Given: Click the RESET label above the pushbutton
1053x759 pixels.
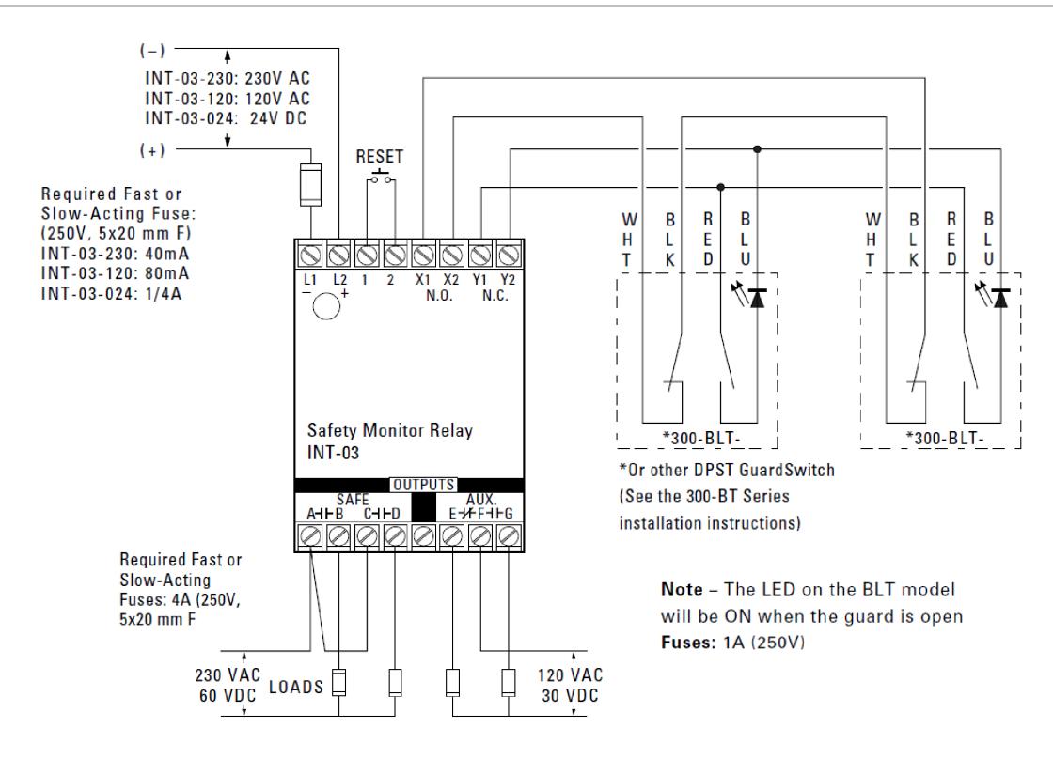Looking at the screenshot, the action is pos(380,156).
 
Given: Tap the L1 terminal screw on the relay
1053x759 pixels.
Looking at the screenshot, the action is pos(309,256).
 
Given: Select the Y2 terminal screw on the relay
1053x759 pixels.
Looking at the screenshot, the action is pos(509,256).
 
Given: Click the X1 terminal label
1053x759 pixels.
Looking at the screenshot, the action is pos(422,279).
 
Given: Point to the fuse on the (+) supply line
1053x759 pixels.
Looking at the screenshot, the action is pos(310,184).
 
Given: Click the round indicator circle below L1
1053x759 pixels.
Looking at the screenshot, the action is pos(326,306).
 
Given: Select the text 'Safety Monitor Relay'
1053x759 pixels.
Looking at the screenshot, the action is pos(389,430).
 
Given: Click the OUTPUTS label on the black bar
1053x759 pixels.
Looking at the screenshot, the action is pos(424,485).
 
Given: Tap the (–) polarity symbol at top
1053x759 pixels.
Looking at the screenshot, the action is pos(152,51).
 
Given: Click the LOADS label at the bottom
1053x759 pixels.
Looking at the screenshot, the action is pos(296,687).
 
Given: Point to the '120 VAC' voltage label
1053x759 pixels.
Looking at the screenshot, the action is pos(570,675).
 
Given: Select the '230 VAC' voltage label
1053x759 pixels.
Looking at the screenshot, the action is pos(228,675).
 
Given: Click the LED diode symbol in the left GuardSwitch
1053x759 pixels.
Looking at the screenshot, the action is pos(758,298).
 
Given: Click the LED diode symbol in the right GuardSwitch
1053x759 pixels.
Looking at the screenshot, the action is pos(1000,298).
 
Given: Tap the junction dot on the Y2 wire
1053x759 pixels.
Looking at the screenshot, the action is pos(758,149).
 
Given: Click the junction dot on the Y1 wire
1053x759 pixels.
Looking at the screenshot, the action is pos(720,187).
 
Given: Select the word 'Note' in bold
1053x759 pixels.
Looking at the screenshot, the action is pos(682,589).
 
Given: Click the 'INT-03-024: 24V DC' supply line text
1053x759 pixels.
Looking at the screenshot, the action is pos(226,118).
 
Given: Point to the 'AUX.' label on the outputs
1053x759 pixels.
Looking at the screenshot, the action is pos(480,500).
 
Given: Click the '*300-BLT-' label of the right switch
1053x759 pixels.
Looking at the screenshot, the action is pos(945,439).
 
